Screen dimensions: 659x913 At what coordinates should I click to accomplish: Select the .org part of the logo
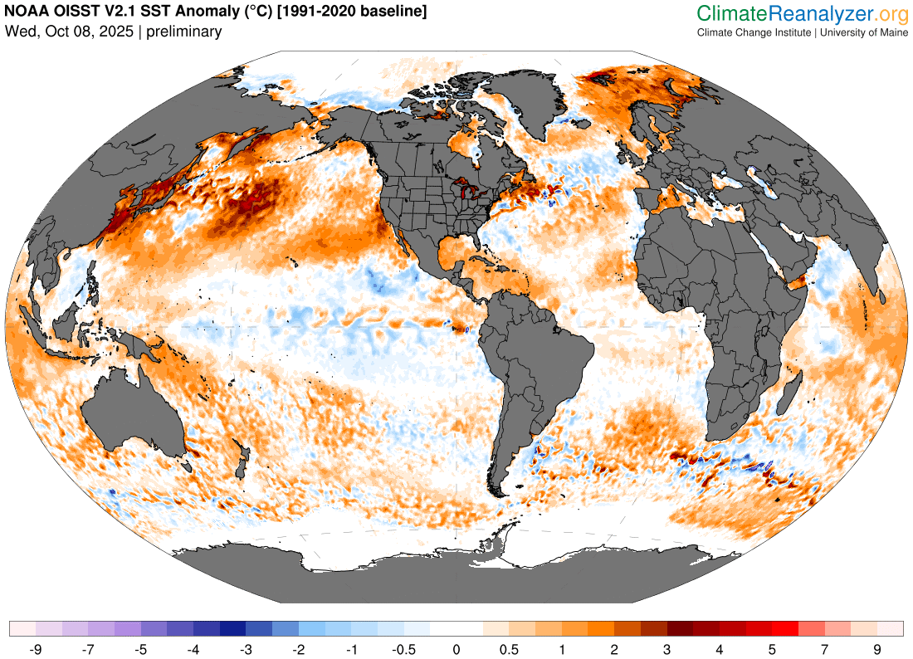coord(892,13)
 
